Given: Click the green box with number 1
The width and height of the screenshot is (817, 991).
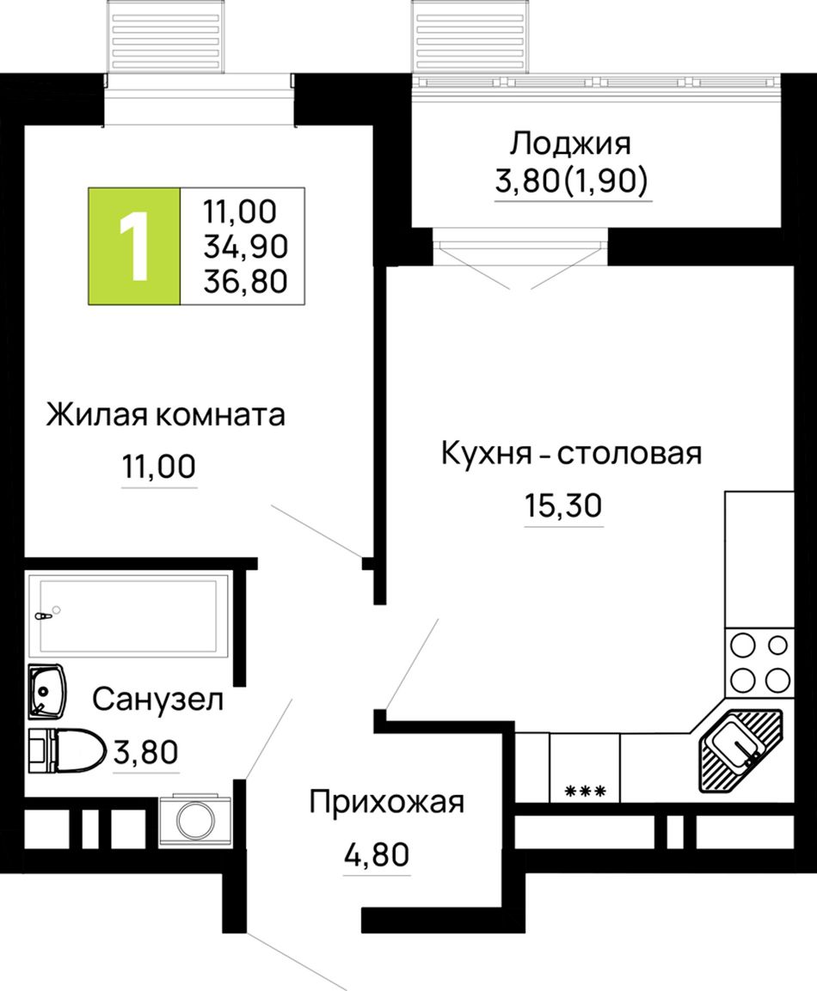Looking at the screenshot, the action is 134,246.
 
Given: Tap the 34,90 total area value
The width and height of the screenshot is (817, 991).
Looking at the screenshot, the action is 245,246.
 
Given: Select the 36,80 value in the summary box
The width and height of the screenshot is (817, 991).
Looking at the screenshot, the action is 245,280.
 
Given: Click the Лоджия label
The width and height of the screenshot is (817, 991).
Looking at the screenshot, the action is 570,144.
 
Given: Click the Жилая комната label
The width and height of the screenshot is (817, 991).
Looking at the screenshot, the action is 165,415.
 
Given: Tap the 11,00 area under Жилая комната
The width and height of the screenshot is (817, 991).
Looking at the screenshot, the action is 159,467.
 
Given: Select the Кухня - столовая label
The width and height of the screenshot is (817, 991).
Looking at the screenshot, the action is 572,454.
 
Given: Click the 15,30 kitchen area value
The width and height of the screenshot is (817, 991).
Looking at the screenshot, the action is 563,505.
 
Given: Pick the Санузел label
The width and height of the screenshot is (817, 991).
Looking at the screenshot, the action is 158,700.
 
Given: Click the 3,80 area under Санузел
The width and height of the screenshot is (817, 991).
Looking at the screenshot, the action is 146,752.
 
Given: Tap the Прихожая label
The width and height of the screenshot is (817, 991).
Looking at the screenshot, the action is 387,803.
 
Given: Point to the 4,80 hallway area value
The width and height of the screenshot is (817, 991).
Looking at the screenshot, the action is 377,854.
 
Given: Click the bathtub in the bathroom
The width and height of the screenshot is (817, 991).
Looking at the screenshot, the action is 128,614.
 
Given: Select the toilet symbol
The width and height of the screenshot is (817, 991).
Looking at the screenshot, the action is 67,750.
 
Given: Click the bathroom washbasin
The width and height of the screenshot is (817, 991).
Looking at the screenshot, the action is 46,691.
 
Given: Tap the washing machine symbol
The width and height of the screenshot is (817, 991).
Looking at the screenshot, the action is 194,820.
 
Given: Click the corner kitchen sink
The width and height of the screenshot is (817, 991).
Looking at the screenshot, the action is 740,750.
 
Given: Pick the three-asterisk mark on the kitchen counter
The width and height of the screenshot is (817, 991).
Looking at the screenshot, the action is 585,791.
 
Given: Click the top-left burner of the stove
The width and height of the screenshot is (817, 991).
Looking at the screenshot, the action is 743,646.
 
